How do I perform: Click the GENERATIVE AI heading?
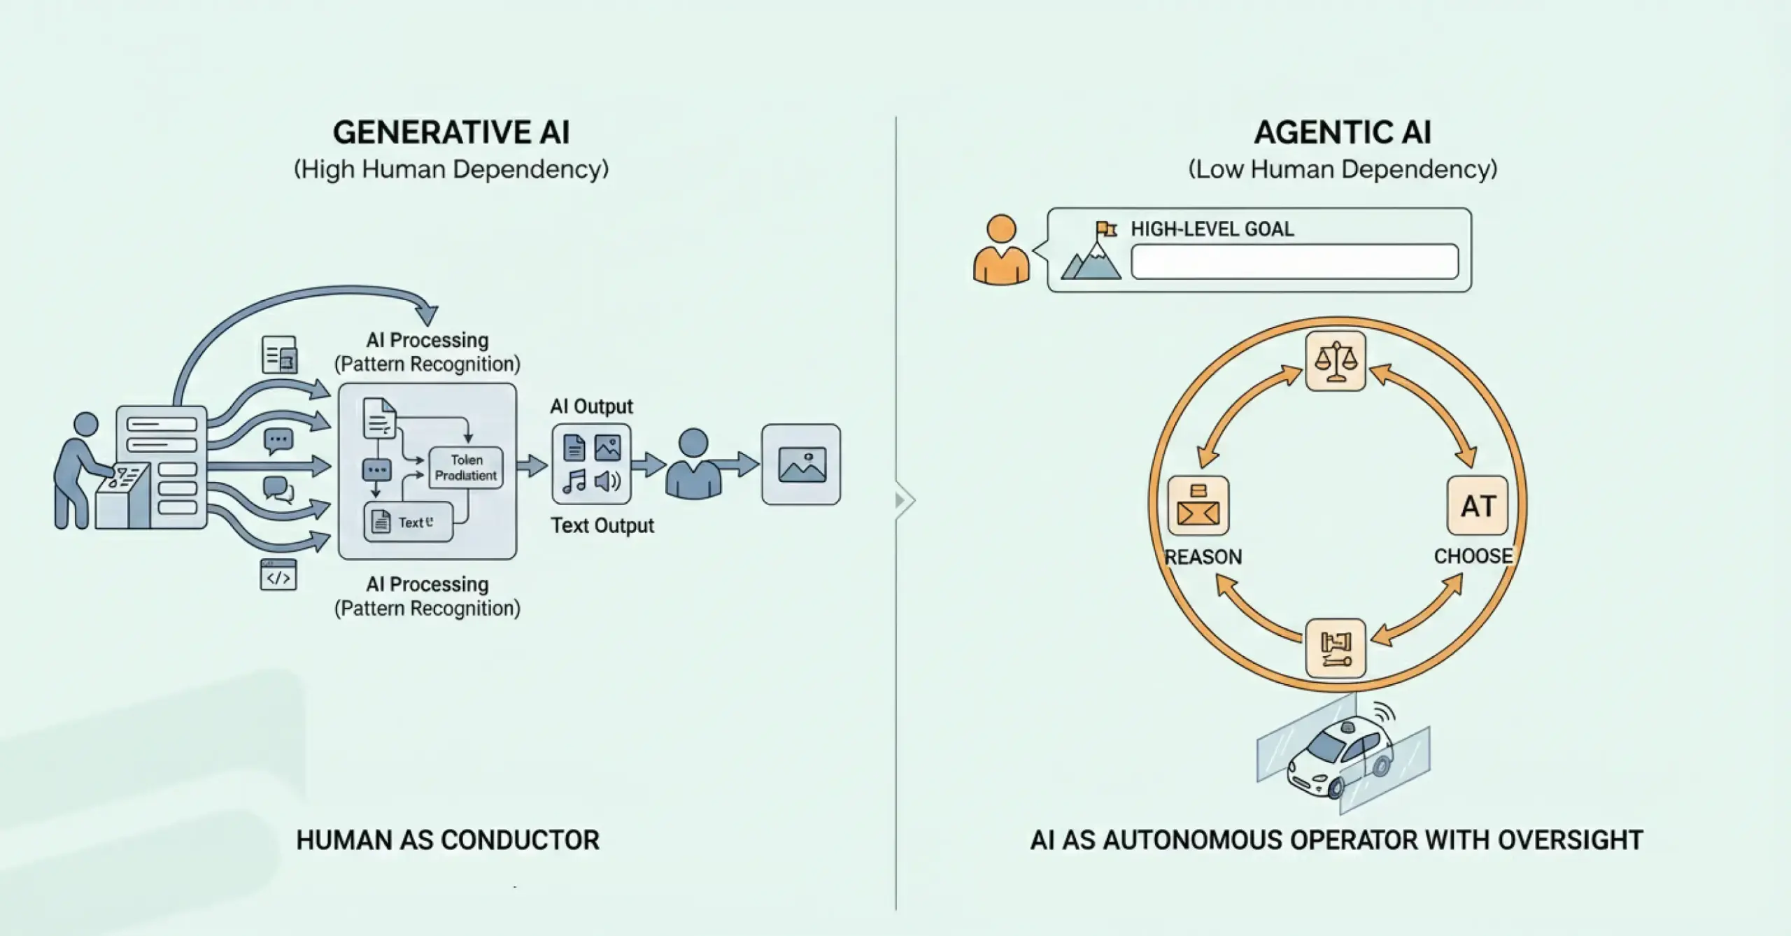[x=451, y=132]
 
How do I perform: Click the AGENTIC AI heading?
[x=1342, y=132]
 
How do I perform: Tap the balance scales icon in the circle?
[x=1336, y=361]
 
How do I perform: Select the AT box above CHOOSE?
[x=1477, y=506]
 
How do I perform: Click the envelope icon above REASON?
[x=1198, y=506]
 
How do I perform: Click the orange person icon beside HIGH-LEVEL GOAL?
[x=1001, y=250]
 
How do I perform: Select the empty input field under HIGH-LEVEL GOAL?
[x=1294, y=262]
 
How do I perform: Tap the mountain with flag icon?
[x=1092, y=253]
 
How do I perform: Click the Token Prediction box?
[x=466, y=467]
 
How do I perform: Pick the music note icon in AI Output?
[x=574, y=481]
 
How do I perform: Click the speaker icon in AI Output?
[x=607, y=481]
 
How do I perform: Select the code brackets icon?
[x=278, y=576]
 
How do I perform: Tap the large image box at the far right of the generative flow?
[x=801, y=465]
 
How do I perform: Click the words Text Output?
[x=602, y=525]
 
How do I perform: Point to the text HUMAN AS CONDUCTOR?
[x=448, y=840]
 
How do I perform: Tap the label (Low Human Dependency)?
[x=1342, y=169]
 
